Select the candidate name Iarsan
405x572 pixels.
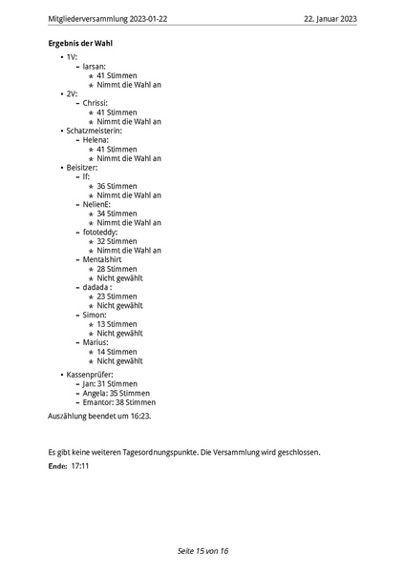[94, 67]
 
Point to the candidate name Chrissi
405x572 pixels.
[95, 103]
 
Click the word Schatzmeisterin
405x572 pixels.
[100, 131]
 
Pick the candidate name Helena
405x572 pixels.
[96, 140]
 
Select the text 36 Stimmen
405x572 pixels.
[117, 186]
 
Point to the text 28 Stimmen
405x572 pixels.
[117, 269]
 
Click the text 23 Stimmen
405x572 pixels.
[117, 296]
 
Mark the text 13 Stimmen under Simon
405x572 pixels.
[117, 324]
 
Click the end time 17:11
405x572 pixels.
[79, 466]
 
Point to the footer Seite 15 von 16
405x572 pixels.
[202, 551]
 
